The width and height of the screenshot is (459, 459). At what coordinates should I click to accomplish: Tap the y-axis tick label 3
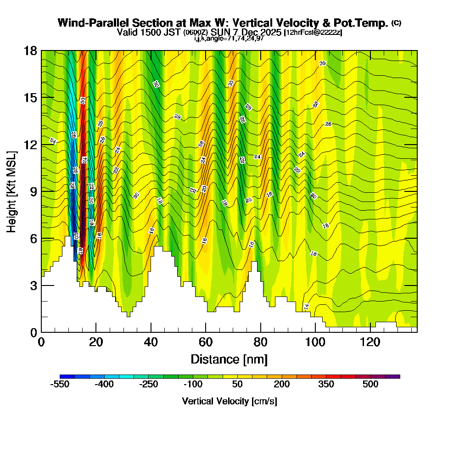tap(33, 285)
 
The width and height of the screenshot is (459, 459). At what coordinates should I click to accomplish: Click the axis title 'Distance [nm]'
tap(229, 359)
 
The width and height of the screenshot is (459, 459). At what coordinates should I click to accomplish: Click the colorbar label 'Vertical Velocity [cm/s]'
tap(229, 401)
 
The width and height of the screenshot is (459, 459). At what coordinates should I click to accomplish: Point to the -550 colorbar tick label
tap(59, 385)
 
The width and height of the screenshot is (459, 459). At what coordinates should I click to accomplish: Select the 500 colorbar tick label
tap(370, 385)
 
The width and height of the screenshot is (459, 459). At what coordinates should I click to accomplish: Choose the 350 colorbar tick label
tap(326, 385)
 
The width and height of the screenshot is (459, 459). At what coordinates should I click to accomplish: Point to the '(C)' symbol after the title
tap(396, 23)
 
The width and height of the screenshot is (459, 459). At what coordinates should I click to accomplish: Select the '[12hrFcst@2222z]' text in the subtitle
tap(313, 33)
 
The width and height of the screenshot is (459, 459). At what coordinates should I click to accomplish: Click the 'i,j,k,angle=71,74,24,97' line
tap(229, 38)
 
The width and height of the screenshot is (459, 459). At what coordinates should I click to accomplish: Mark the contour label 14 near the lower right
tap(306, 306)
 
